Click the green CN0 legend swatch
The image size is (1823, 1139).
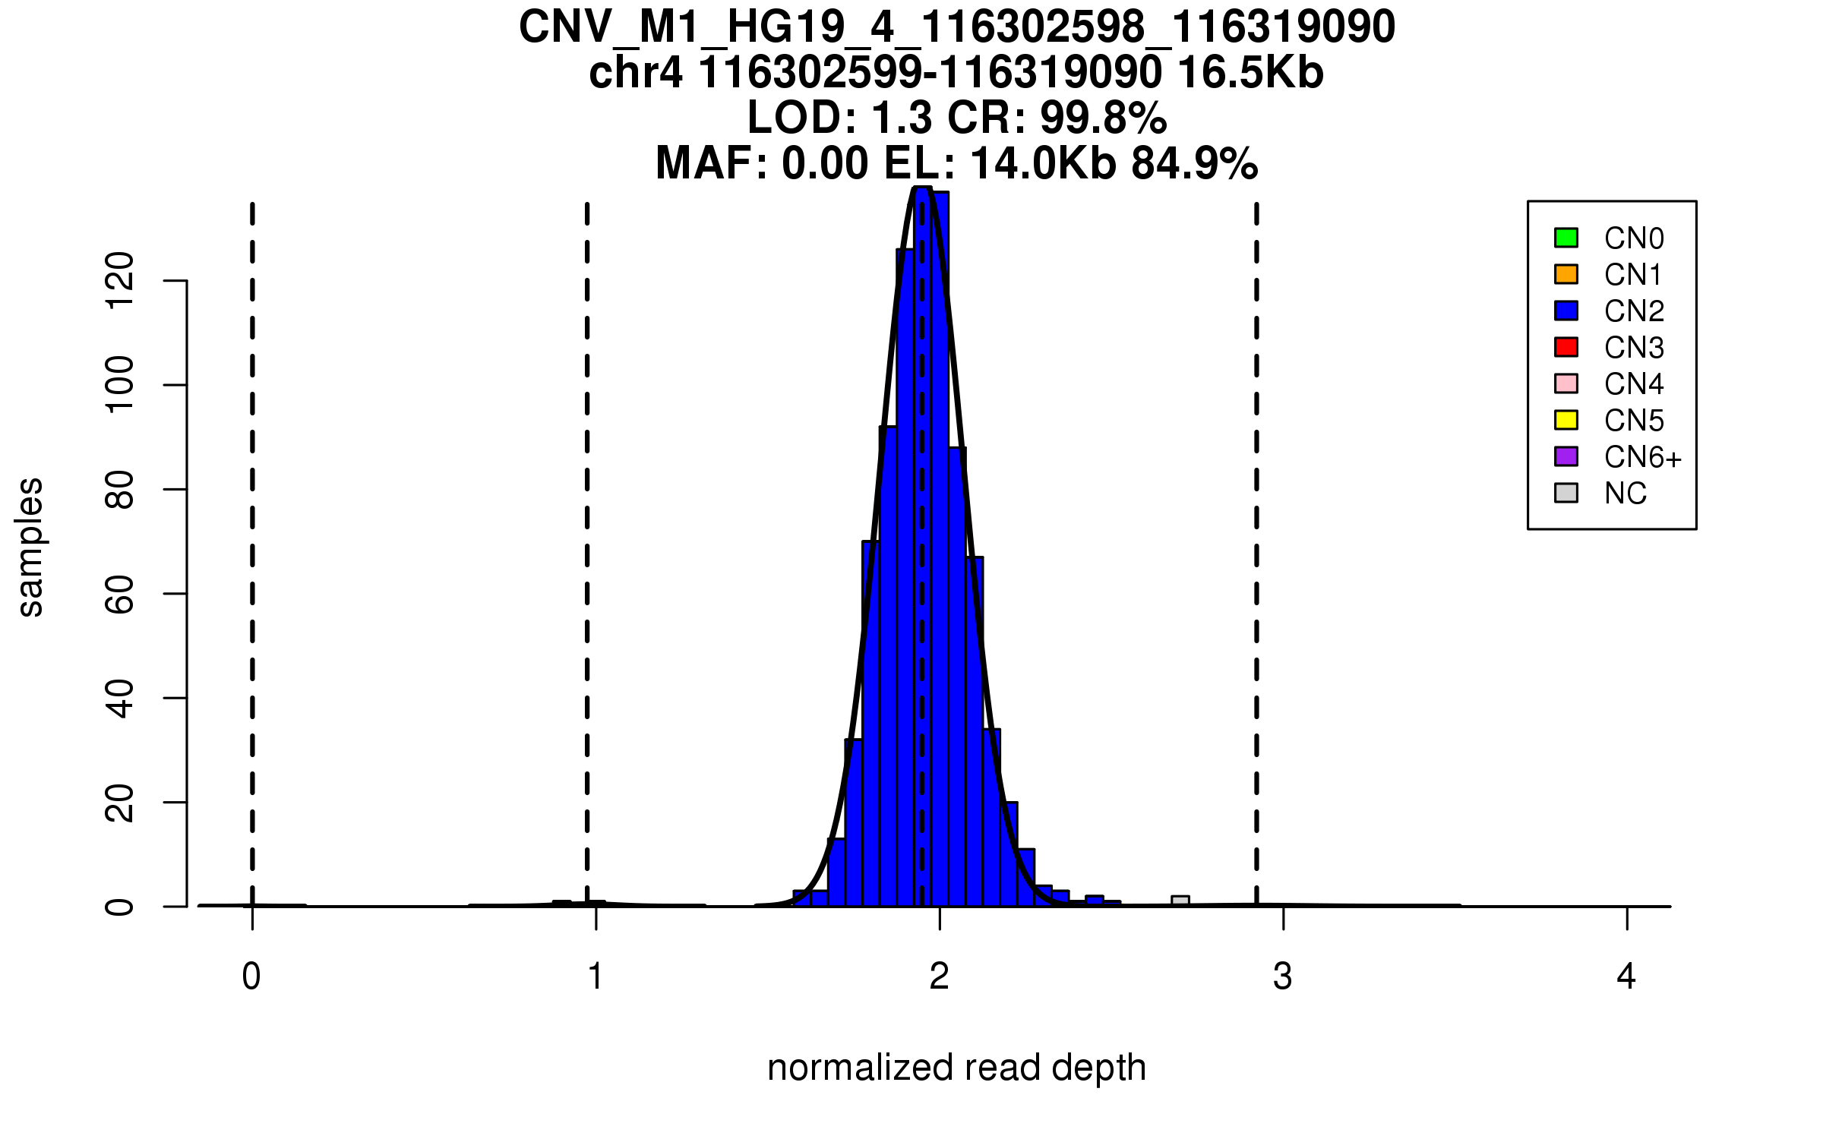pos(1566,238)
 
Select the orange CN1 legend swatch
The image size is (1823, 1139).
pos(1566,274)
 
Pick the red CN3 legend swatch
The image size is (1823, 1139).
pos(1566,347)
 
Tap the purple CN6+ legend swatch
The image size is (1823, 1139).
pos(1566,456)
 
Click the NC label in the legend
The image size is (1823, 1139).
pos(1626,494)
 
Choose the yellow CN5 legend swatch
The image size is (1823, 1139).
pos(1566,420)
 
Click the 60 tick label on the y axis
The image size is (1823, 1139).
pos(120,594)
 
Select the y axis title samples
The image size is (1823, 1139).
pos(30,547)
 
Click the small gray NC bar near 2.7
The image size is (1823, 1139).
pos(1180,901)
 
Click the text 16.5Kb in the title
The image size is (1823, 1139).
pos(1250,74)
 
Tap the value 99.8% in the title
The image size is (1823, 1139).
pos(1103,118)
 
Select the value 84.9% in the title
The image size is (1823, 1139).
pos(1194,164)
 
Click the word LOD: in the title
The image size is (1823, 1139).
pos(802,118)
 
